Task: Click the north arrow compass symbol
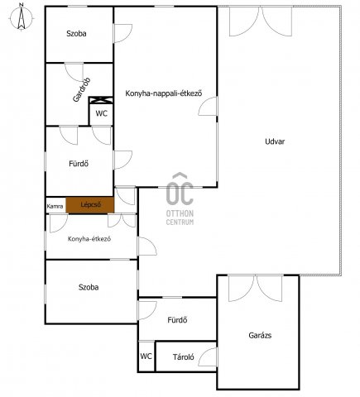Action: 22,17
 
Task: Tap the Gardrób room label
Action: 81,90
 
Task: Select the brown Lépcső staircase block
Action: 90,205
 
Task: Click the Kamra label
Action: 55,206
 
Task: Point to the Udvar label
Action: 275,141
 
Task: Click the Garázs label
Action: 260,335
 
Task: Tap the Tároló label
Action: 184,357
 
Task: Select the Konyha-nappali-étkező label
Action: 164,93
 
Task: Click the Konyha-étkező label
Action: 89,239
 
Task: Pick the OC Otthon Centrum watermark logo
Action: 180,198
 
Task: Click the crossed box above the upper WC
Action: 101,100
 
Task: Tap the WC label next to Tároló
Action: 146,356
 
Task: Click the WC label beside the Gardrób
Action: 101,113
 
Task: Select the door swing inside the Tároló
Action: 208,356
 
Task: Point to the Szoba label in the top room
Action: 76,34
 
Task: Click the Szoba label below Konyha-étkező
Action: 89,287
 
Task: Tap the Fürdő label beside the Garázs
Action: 177,320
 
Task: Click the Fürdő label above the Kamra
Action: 79,164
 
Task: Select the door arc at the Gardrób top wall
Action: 74,72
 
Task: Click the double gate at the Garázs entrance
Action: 256,289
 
